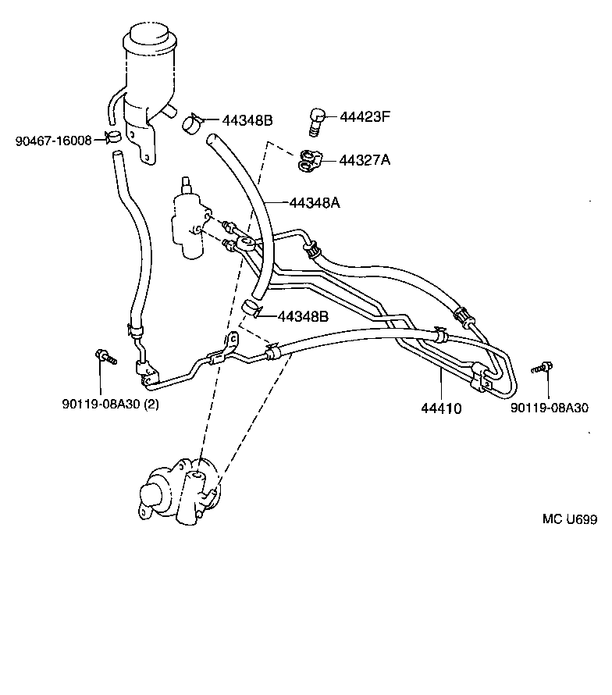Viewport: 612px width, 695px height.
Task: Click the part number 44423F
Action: point(365,117)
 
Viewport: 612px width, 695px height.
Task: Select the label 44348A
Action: point(315,202)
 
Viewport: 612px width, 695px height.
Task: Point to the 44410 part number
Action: point(441,408)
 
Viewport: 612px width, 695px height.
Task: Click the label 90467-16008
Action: point(53,141)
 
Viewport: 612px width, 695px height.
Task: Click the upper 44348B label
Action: point(247,120)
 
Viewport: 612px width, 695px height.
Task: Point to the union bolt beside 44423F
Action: point(316,121)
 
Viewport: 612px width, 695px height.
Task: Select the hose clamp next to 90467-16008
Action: point(113,139)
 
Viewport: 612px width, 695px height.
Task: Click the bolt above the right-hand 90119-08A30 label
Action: point(543,366)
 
